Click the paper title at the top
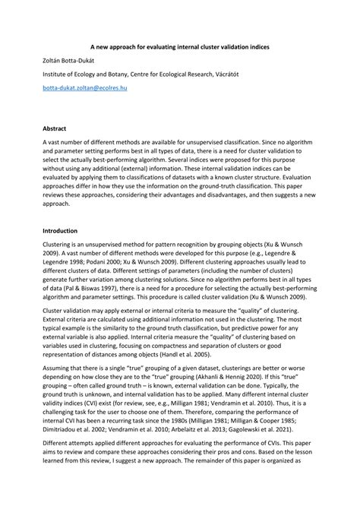click(180, 46)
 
